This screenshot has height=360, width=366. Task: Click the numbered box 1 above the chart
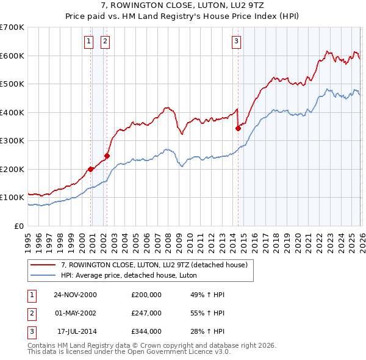pos(88,41)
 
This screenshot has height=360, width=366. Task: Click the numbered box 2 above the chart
pos(105,41)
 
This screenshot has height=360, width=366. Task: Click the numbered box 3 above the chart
pos(235,41)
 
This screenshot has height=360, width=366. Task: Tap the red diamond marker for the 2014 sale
pos(238,128)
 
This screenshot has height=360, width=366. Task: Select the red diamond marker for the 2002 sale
pos(107,156)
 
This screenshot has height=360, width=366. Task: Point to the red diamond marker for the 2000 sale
pos(91,169)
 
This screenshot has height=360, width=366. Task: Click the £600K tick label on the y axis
pos(12,56)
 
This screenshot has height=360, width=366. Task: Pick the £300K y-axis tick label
pos(12,140)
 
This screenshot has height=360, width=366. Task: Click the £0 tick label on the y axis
pos(18,226)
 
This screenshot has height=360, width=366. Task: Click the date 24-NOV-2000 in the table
pos(75,295)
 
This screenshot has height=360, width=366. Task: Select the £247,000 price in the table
pos(146,313)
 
